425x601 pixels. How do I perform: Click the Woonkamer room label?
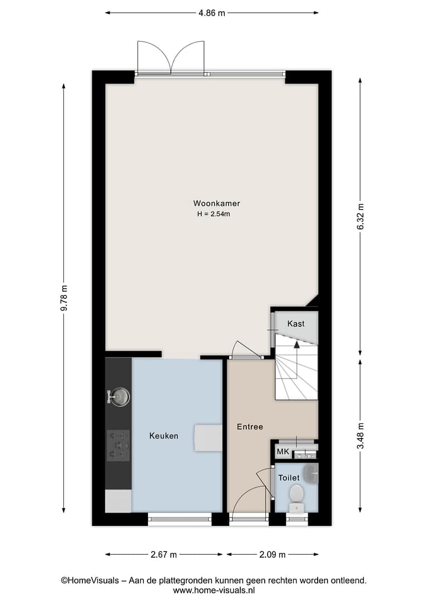click(x=216, y=204)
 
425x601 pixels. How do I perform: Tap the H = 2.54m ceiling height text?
click(x=214, y=214)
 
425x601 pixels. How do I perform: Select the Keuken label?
click(x=164, y=436)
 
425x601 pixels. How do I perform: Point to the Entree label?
click(x=250, y=427)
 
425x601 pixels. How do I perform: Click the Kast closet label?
click(x=296, y=324)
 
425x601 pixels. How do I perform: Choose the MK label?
click(x=283, y=452)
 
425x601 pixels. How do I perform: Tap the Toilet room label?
click(x=289, y=478)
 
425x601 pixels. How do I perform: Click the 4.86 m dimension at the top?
click(x=211, y=13)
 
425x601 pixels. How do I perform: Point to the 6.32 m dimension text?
click(x=360, y=216)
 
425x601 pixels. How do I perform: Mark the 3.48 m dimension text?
click(x=360, y=436)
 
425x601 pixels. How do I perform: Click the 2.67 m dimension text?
click(x=164, y=555)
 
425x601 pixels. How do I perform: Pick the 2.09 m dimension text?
click(x=272, y=555)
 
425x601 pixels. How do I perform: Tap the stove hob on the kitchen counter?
click(x=118, y=445)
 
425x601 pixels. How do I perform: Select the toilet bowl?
click(x=296, y=498)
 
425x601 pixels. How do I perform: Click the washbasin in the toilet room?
click(x=311, y=474)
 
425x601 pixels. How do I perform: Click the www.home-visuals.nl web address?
click(x=214, y=590)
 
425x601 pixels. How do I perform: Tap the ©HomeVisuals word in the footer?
click(x=90, y=580)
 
